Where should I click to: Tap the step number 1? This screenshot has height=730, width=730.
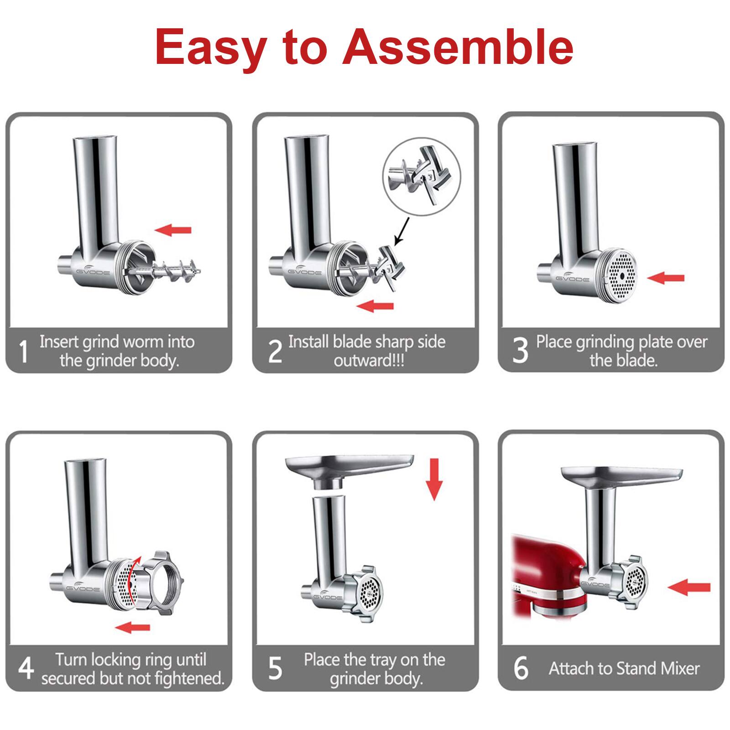pos(23,352)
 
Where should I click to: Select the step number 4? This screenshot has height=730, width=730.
pos(26,668)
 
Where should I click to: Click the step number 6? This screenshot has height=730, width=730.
pos(521,668)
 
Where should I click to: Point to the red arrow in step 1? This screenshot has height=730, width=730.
pos(173,230)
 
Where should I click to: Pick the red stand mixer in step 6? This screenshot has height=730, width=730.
pos(545,579)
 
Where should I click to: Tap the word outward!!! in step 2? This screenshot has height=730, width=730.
pos(369,361)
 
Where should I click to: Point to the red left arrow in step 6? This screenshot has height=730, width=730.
pos(689,588)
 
